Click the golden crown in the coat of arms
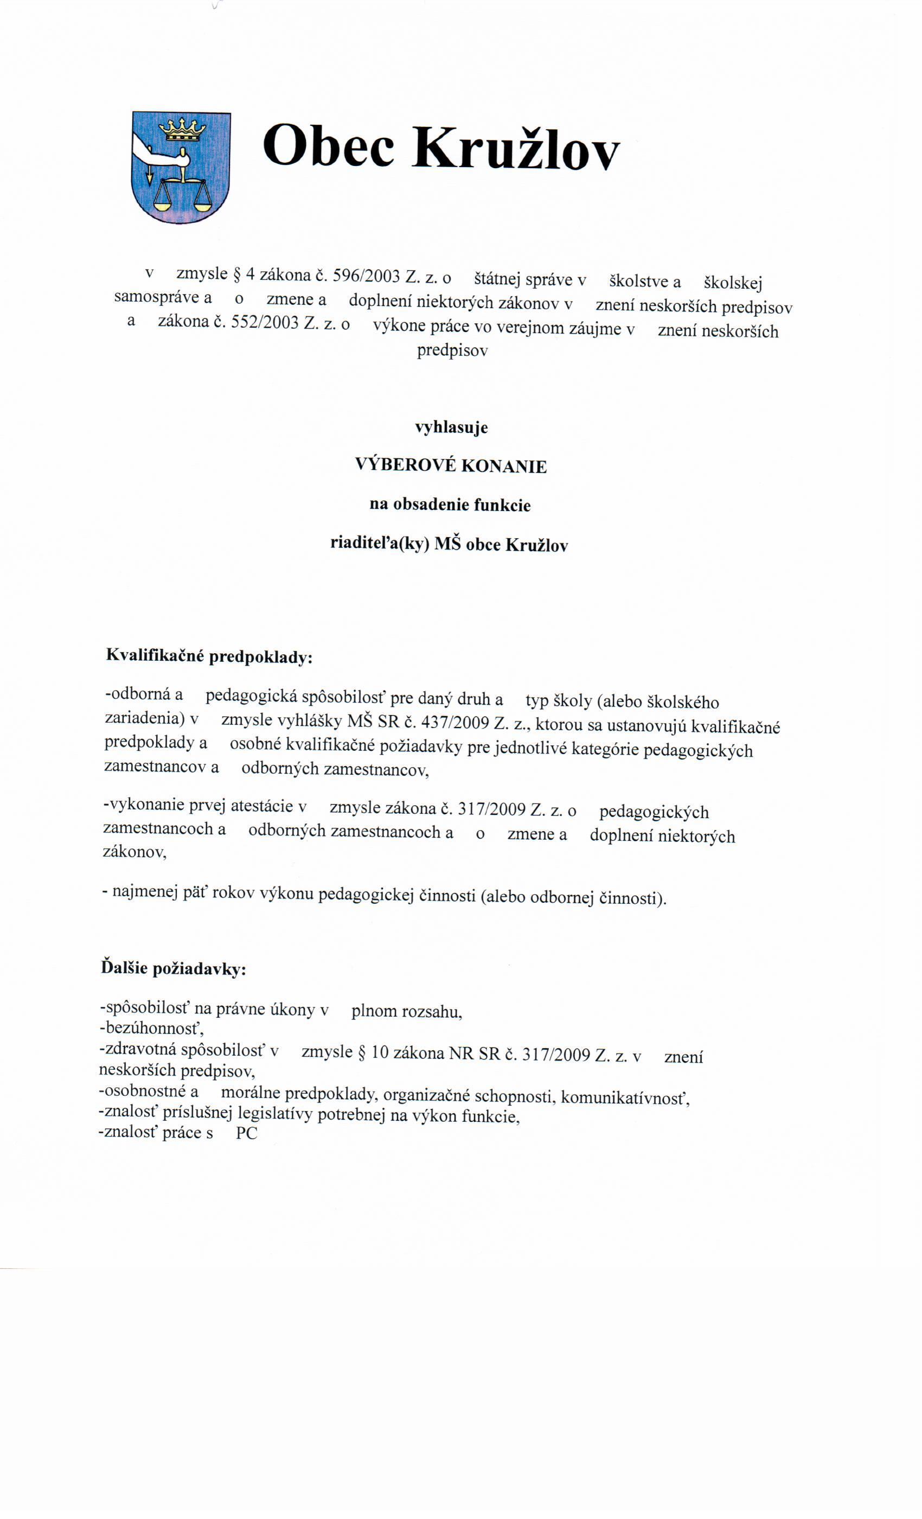click(182, 130)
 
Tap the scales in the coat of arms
click(182, 191)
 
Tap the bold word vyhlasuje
click(451, 427)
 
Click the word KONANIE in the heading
click(503, 467)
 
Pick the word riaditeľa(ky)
click(380, 544)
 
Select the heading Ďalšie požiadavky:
click(173, 968)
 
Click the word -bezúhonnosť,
click(151, 1029)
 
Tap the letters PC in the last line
click(247, 1133)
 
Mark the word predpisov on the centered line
click(452, 351)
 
